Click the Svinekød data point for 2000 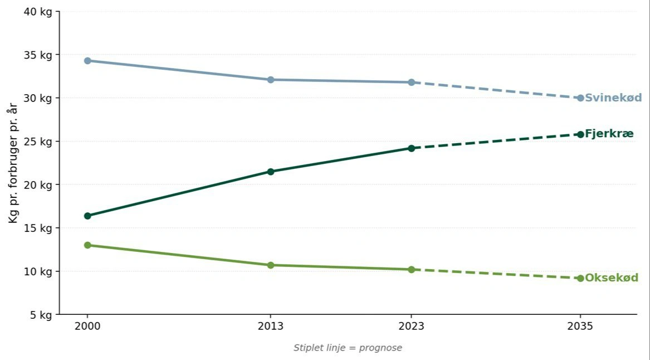pyautogui.click(x=87, y=61)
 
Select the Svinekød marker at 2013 pyautogui.click(x=271, y=80)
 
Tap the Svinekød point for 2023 pyautogui.click(x=411, y=82)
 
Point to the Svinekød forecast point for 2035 pyautogui.click(x=580, y=98)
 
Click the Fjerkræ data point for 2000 pyautogui.click(x=87, y=216)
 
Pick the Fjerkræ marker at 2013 pyautogui.click(x=271, y=172)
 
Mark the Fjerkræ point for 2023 pyautogui.click(x=411, y=148)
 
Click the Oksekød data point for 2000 pyautogui.click(x=87, y=245)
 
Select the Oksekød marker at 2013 pyautogui.click(x=271, y=265)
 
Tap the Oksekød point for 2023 pyautogui.click(x=411, y=269)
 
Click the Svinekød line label pyautogui.click(x=613, y=98)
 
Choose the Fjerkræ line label pyautogui.click(x=609, y=134)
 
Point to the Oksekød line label pyautogui.click(x=612, y=278)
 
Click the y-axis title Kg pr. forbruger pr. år pyautogui.click(x=13, y=163)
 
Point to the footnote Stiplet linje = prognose pyautogui.click(x=348, y=348)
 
